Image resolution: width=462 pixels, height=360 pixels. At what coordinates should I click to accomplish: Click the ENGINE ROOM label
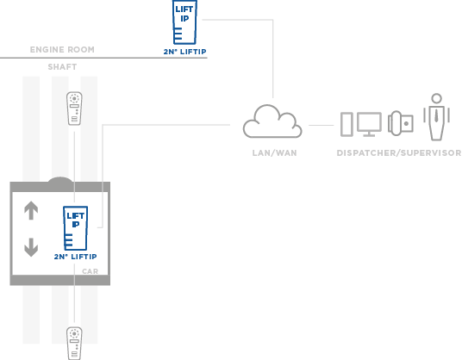(62, 49)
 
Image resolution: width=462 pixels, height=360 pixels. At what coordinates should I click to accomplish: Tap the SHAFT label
(62, 67)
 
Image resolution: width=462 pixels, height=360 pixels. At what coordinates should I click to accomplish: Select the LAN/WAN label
(274, 152)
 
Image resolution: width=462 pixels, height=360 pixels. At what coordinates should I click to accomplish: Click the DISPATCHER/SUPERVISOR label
(399, 152)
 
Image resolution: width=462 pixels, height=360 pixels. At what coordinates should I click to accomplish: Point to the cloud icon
(272, 121)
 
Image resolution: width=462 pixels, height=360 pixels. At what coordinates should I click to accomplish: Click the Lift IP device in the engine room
(184, 22)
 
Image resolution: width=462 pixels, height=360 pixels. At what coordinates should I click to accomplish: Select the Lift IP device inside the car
(76, 228)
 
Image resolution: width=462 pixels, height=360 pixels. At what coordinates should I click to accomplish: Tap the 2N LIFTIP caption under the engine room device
(184, 52)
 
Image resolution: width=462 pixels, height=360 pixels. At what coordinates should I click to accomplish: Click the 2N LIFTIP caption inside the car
(76, 257)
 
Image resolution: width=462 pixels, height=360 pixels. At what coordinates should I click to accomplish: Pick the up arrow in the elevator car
(31, 210)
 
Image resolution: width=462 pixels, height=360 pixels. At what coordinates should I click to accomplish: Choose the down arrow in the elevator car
(31, 247)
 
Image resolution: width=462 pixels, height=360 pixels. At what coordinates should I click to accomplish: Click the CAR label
(91, 271)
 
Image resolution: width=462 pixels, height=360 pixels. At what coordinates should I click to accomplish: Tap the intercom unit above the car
(74, 109)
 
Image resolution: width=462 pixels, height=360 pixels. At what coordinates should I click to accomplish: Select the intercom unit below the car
(74, 344)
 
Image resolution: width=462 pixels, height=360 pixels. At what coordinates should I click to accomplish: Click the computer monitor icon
(369, 125)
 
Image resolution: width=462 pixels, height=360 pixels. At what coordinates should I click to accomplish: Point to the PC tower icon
(346, 124)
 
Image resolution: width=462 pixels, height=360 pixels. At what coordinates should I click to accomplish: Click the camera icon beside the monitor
(401, 123)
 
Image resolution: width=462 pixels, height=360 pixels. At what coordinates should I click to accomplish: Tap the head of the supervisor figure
(436, 98)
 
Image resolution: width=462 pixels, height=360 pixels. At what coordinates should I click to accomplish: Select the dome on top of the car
(60, 180)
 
